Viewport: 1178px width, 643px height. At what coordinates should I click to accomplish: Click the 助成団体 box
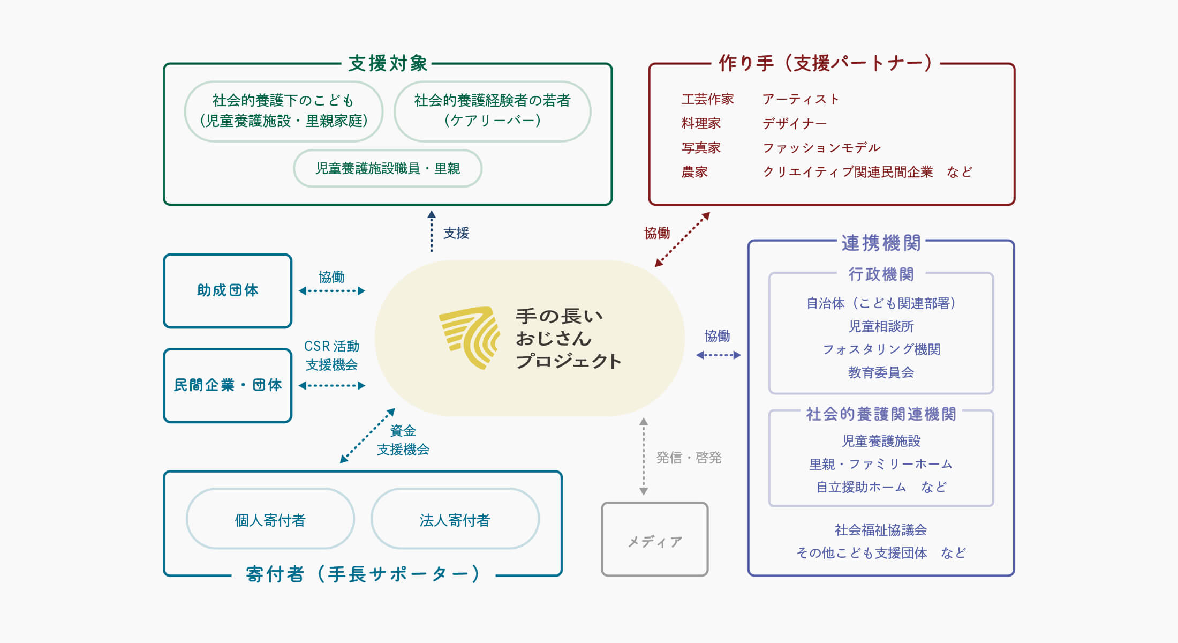point(228,290)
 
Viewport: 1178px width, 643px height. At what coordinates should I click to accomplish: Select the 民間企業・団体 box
point(228,385)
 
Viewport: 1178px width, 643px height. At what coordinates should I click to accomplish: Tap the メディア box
point(654,540)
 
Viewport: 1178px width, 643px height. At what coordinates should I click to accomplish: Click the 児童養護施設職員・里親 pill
point(388,168)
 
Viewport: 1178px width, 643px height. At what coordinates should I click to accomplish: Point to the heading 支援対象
point(388,63)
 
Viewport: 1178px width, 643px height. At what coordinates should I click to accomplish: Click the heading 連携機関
point(881,243)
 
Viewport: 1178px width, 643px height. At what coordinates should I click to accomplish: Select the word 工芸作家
point(707,99)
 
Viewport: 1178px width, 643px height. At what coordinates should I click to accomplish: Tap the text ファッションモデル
point(821,147)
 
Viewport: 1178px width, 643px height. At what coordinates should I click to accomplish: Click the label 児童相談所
point(881,326)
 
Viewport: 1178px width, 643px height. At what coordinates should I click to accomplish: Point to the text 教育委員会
point(881,372)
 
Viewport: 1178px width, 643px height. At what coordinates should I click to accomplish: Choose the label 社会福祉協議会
point(881,530)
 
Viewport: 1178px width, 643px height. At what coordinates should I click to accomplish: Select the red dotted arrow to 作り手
point(683,239)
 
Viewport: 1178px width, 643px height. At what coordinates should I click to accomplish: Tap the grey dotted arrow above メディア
point(644,457)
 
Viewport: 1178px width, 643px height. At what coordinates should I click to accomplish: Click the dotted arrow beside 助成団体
point(332,291)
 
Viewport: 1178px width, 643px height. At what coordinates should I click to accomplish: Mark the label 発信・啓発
point(689,458)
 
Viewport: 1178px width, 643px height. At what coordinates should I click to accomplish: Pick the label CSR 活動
point(331,346)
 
